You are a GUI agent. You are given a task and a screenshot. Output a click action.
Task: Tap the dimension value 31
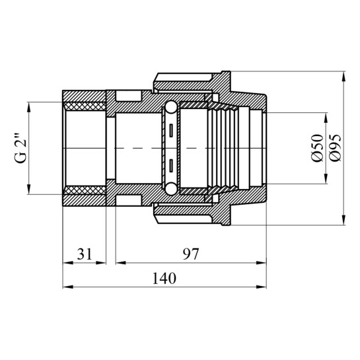[x=85, y=254]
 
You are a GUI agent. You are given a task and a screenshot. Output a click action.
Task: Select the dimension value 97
[x=190, y=254]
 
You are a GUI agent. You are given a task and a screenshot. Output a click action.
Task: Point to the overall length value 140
[x=164, y=278]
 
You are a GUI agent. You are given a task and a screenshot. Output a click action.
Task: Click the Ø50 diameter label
[x=317, y=148]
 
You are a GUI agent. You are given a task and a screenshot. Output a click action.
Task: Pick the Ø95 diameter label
[x=335, y=148]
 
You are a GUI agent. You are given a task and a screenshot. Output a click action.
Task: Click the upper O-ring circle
[x=171, y=107]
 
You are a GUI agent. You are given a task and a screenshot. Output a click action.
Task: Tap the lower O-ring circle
[x=171, y=189]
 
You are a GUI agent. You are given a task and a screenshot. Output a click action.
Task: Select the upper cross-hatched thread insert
[x=85, y=106]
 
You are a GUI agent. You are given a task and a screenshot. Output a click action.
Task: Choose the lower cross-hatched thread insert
[x=85, y=190]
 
